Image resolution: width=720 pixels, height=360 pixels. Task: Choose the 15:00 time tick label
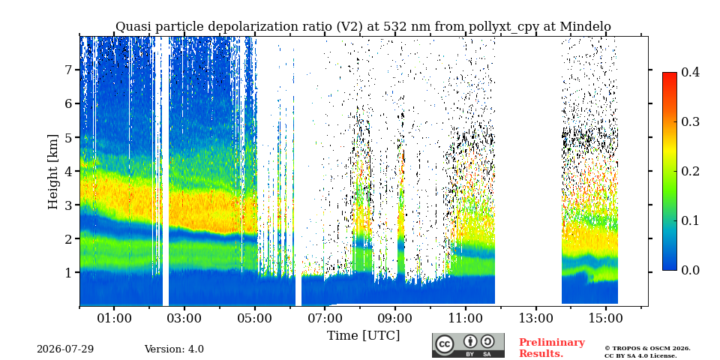pyautogui.click(x=605, y=318)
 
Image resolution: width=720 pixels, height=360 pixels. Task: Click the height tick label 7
pyautogui.click(x=71, y=70)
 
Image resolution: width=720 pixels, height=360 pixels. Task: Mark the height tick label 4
pyautogui.click(x=71, y=171)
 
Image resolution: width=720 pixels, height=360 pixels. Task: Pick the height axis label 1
pyautogui.click(x=71, y=273)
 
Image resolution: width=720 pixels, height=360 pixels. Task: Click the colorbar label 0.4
pyautogui.click(x=690, y=72)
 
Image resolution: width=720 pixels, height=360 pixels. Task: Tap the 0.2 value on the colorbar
pyautogui.click(x=690, y=171)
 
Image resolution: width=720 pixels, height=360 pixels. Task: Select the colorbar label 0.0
pyautogui.click(x=690, y=271)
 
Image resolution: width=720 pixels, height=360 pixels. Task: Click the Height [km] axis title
pyautogui.click(x=53, y=172)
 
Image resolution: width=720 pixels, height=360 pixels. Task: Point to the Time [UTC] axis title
pyautogui.click(x=363, y=336)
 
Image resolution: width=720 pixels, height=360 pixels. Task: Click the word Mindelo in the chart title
pyautogui.click(x=586, y=27)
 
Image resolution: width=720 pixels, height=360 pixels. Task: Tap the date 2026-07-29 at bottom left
pyautogui.click(x=65, y=349)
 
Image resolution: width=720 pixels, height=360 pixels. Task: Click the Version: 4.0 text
pyautogui.click(x=174, y=349)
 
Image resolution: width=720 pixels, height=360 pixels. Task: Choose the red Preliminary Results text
pyautogui.click(x=552, y=348)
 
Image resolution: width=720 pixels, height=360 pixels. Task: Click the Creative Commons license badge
pyautogui.click(x=468, y=345)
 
